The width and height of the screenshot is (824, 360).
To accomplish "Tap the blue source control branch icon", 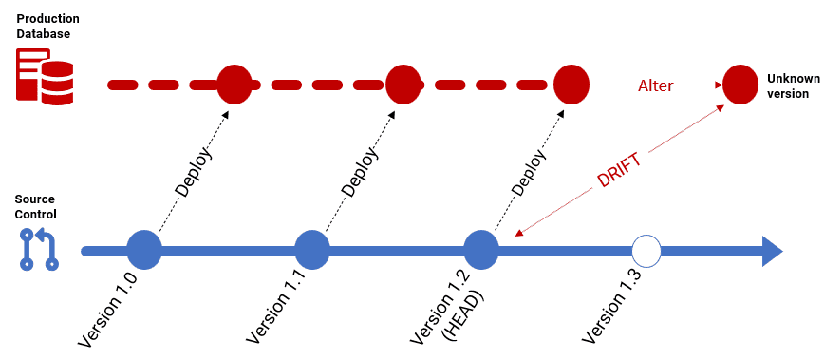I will coord(39,249).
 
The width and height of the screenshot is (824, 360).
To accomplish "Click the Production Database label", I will coord(47,26).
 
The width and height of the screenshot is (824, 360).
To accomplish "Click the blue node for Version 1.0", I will coord(144,251).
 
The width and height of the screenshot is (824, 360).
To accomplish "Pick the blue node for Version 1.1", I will coord(311,251).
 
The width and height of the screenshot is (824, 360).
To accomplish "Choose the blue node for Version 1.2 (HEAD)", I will coord(481,251).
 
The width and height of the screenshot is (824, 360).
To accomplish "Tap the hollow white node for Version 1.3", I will coord(646,251).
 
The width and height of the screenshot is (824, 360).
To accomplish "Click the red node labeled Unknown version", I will coord(740,85).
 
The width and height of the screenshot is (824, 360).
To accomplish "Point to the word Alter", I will coord(655,85).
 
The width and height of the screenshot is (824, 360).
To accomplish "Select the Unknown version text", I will coord(787,85).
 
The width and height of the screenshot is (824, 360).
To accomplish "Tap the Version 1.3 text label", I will coord(611,308).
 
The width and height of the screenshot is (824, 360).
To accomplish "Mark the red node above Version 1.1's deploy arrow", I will coord(403,85).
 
